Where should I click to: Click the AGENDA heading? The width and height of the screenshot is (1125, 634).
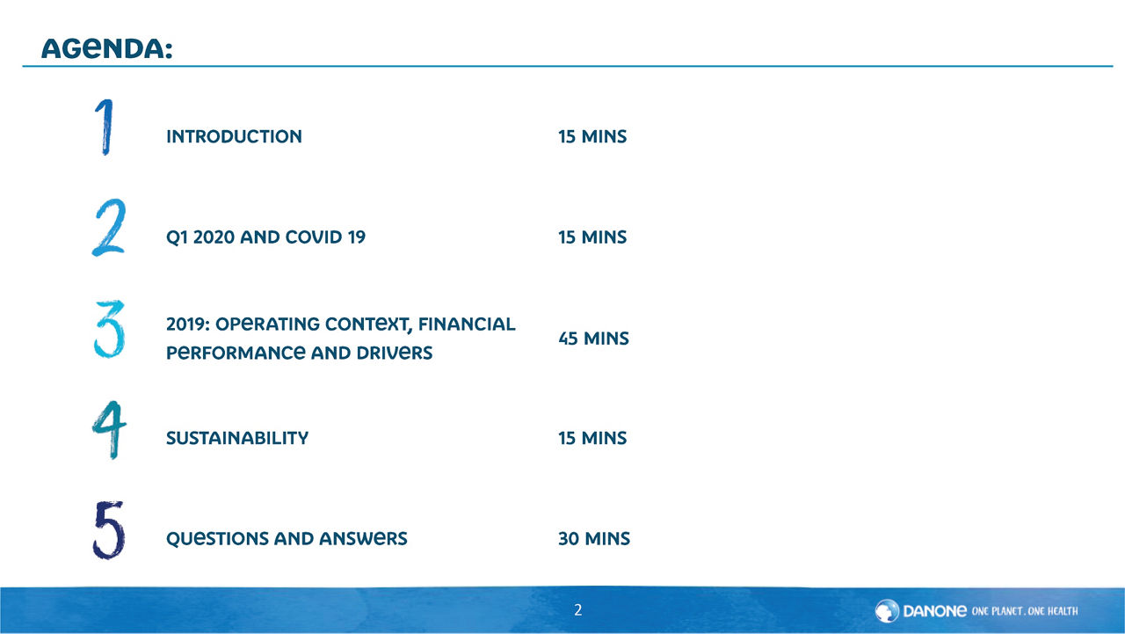(107, 48)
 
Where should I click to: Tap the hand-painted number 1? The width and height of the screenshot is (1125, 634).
(105, 127)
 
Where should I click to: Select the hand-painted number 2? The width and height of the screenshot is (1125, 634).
(109, 227)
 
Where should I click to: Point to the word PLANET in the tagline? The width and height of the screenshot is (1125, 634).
(1006, 611)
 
